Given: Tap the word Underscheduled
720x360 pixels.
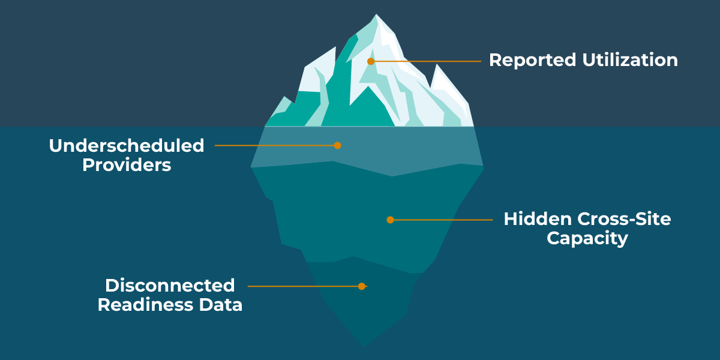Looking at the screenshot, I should tap(127, 146).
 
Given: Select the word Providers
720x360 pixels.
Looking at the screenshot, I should tap(127, 166).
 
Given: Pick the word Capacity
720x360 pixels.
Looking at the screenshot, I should tap(587, 239).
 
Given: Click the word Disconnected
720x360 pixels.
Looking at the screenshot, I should tap(170, 285).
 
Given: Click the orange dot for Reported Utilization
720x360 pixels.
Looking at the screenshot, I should tap(371, 61).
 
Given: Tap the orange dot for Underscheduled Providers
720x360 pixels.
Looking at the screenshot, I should tap(337, 145).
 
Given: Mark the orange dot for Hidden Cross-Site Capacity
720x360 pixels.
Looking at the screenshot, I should tap(390, 220).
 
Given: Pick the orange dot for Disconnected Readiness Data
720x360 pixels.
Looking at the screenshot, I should tap(361, 286).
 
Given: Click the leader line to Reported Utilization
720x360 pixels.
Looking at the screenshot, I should tap(426, 61).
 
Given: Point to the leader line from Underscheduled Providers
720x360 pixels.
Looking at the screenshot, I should tap(276, 145).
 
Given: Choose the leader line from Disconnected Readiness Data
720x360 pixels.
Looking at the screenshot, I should tap(303, 286).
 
